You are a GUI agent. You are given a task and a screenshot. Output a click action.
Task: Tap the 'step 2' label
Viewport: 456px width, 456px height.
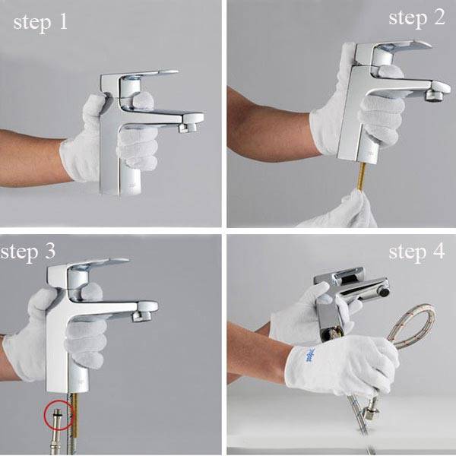click(416, 18)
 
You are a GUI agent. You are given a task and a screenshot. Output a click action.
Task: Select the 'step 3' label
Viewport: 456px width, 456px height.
click(28, 252)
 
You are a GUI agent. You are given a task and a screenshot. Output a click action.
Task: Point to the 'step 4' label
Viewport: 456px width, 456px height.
click(416, 252)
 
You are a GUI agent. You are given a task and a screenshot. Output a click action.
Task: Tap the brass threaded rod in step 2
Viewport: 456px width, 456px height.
click(362, 176)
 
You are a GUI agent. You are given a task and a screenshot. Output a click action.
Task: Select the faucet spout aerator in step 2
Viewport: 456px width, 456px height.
click(434, 96)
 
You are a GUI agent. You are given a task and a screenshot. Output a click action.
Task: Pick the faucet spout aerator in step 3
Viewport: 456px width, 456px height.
click(141, 316)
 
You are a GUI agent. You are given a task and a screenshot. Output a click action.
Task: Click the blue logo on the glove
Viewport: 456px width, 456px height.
click(311, 355)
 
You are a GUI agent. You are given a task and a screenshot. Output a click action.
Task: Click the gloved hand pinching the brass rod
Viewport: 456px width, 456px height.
click(344, 211)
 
